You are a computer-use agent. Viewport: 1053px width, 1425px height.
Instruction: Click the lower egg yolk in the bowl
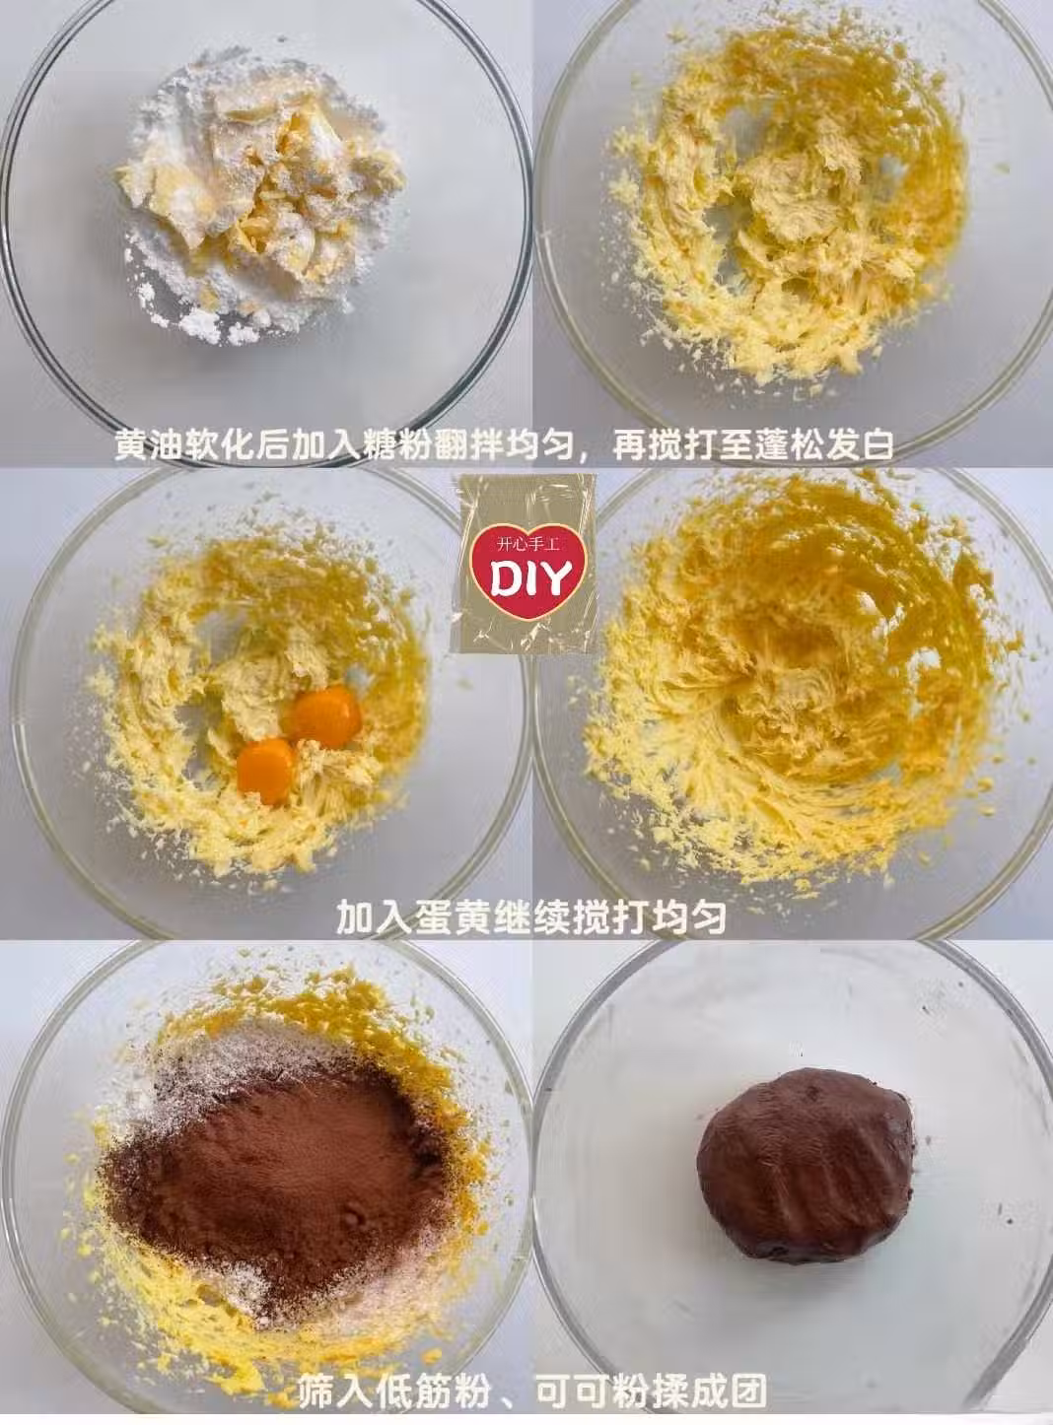pyautogui.click(x=265, y=772)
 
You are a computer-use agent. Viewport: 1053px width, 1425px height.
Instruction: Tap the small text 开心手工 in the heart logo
pyautogui.click(x=529, y=544)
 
